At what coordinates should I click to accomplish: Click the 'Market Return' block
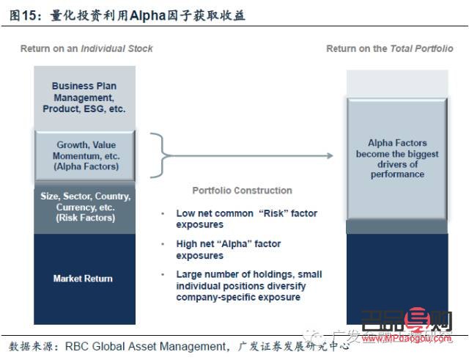83,279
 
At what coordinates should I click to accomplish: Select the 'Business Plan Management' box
83,97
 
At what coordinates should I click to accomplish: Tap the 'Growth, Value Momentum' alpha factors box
83,155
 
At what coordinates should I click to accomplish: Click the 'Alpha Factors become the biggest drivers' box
397,158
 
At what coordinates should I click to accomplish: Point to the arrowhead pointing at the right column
330,155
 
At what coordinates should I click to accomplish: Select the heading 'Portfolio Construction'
242,191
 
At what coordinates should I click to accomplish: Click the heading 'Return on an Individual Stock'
86,49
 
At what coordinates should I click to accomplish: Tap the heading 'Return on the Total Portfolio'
390,49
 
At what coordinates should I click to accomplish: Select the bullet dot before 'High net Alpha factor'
163,244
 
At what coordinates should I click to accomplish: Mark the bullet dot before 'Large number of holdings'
163,275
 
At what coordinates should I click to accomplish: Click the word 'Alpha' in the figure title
148,14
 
